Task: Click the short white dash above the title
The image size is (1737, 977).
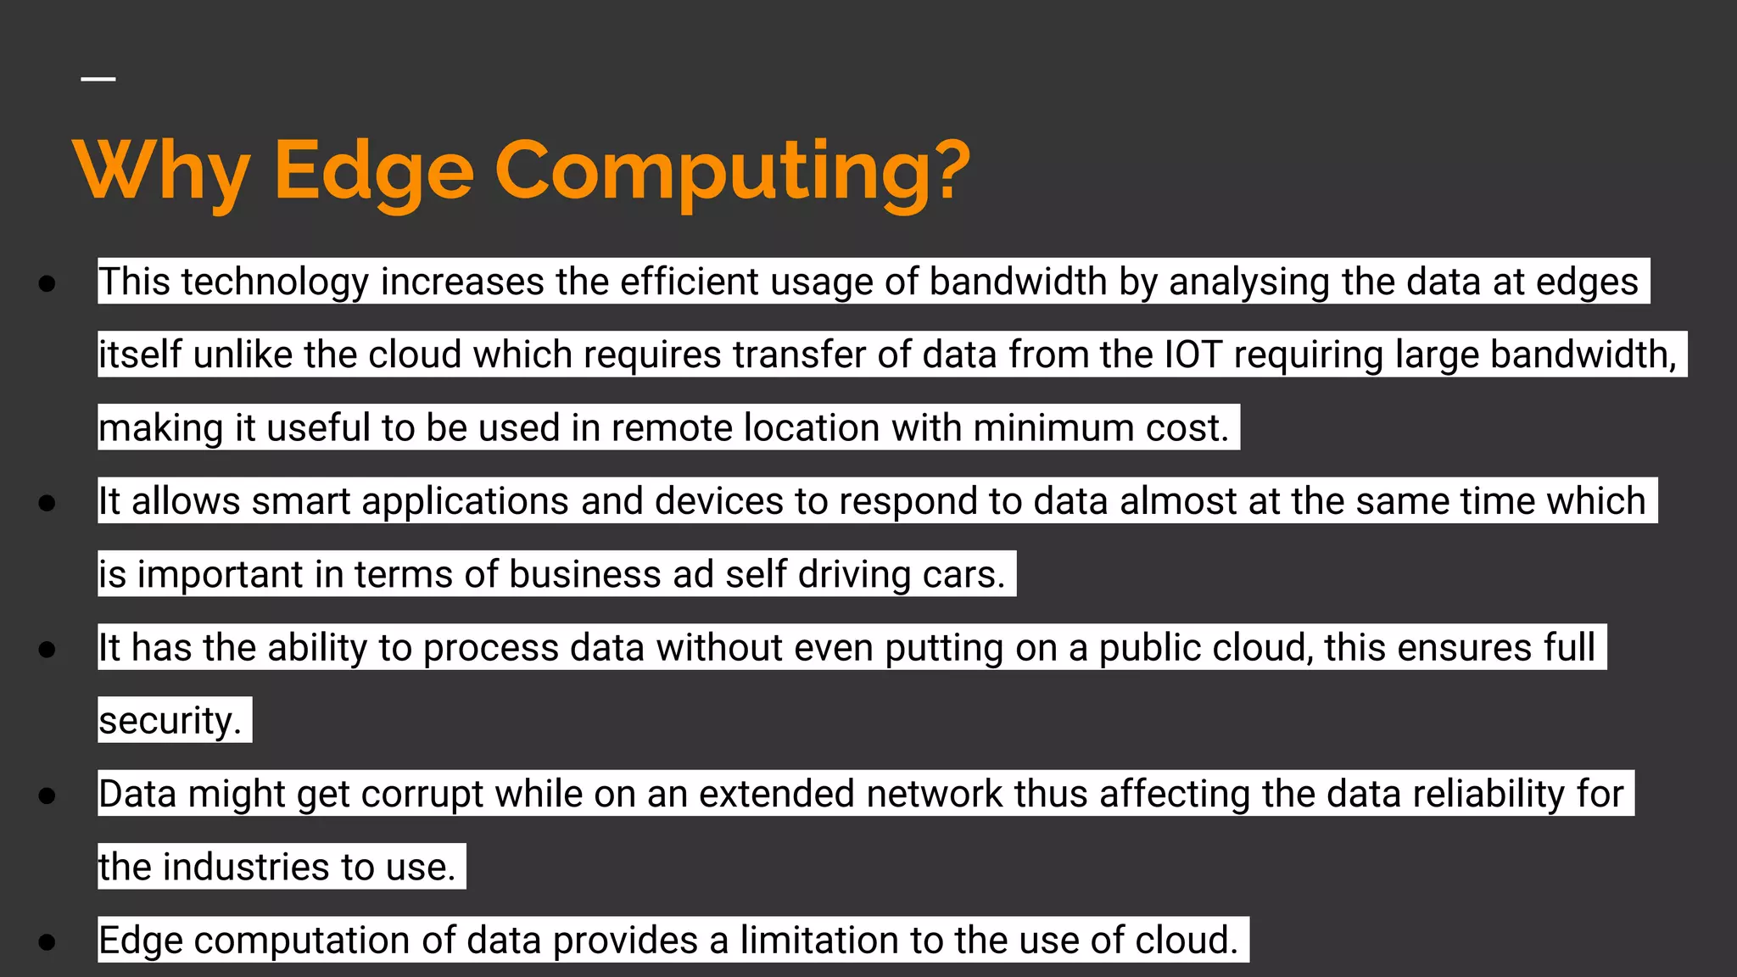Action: (x=98, y=80)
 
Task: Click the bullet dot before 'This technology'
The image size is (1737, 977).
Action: (x=47, y=283)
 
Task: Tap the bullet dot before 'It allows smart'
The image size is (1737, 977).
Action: (x=47, y=503)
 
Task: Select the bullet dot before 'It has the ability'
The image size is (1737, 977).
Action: (x=47, y=650)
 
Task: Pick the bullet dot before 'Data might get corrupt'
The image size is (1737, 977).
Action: (x=47, y=796)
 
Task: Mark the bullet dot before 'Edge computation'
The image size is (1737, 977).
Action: (x=47, y=941)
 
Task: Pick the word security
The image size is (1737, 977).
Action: (x=170, y=721)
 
